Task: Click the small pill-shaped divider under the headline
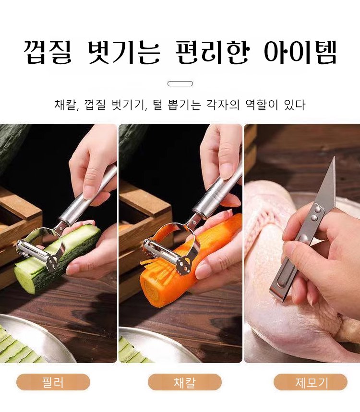click(x=180, y=84)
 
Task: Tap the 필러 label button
click(x=53, y=382)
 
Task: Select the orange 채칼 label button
click(x=185, y=382)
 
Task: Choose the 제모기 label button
click(x=311, y=382)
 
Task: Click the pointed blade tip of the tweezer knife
click(x=335, y=157)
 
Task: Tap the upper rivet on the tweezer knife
click(x=318, y=210)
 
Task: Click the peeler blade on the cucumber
click(x=37, y=252)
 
